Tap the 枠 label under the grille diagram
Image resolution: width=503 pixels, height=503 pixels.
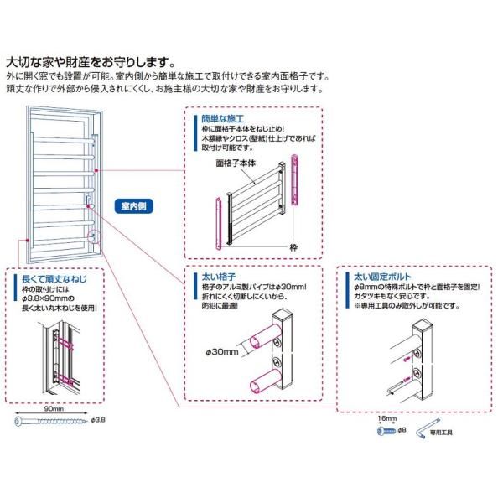294,247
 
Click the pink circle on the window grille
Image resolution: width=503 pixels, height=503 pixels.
91,237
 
